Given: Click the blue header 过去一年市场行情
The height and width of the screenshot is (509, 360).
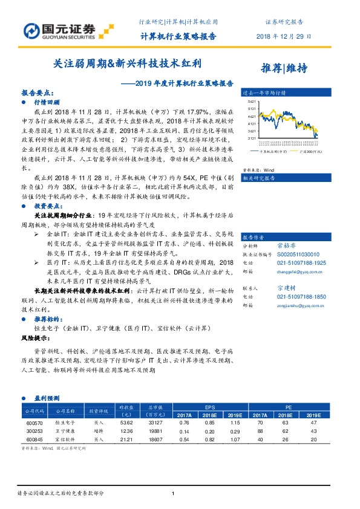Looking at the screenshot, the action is tap(264, 94).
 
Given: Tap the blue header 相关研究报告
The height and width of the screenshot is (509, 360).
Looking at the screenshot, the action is tap(259, 179).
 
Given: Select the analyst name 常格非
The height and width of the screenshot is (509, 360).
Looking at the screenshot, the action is tap(303, 247).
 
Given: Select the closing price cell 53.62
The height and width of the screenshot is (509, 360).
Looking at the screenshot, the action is tap(125, 423).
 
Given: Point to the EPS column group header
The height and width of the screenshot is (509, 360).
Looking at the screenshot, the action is tap(210, 408).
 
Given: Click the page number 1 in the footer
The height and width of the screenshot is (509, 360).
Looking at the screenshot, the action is tap(173, 494).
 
